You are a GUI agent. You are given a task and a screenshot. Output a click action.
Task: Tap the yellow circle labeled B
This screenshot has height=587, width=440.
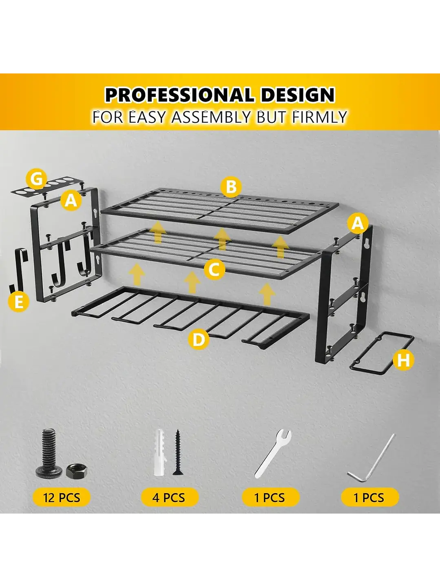point(231,186)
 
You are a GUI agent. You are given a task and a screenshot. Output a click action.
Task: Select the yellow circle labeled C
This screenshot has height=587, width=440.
point(214,270)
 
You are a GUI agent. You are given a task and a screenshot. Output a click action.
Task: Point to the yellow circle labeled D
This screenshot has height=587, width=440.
point(198,339)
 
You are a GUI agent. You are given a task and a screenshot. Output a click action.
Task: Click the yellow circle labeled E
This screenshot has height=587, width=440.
point(18,302)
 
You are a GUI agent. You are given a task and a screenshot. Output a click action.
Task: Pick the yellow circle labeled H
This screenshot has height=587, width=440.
point(403,360)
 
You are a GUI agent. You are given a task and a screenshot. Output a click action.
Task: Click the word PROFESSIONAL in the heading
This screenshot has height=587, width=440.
point(179,95)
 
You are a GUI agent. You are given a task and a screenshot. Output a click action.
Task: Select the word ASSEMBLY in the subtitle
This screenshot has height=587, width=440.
point(211,117)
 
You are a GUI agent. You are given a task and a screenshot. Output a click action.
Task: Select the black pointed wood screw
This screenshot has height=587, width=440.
point(178,452)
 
